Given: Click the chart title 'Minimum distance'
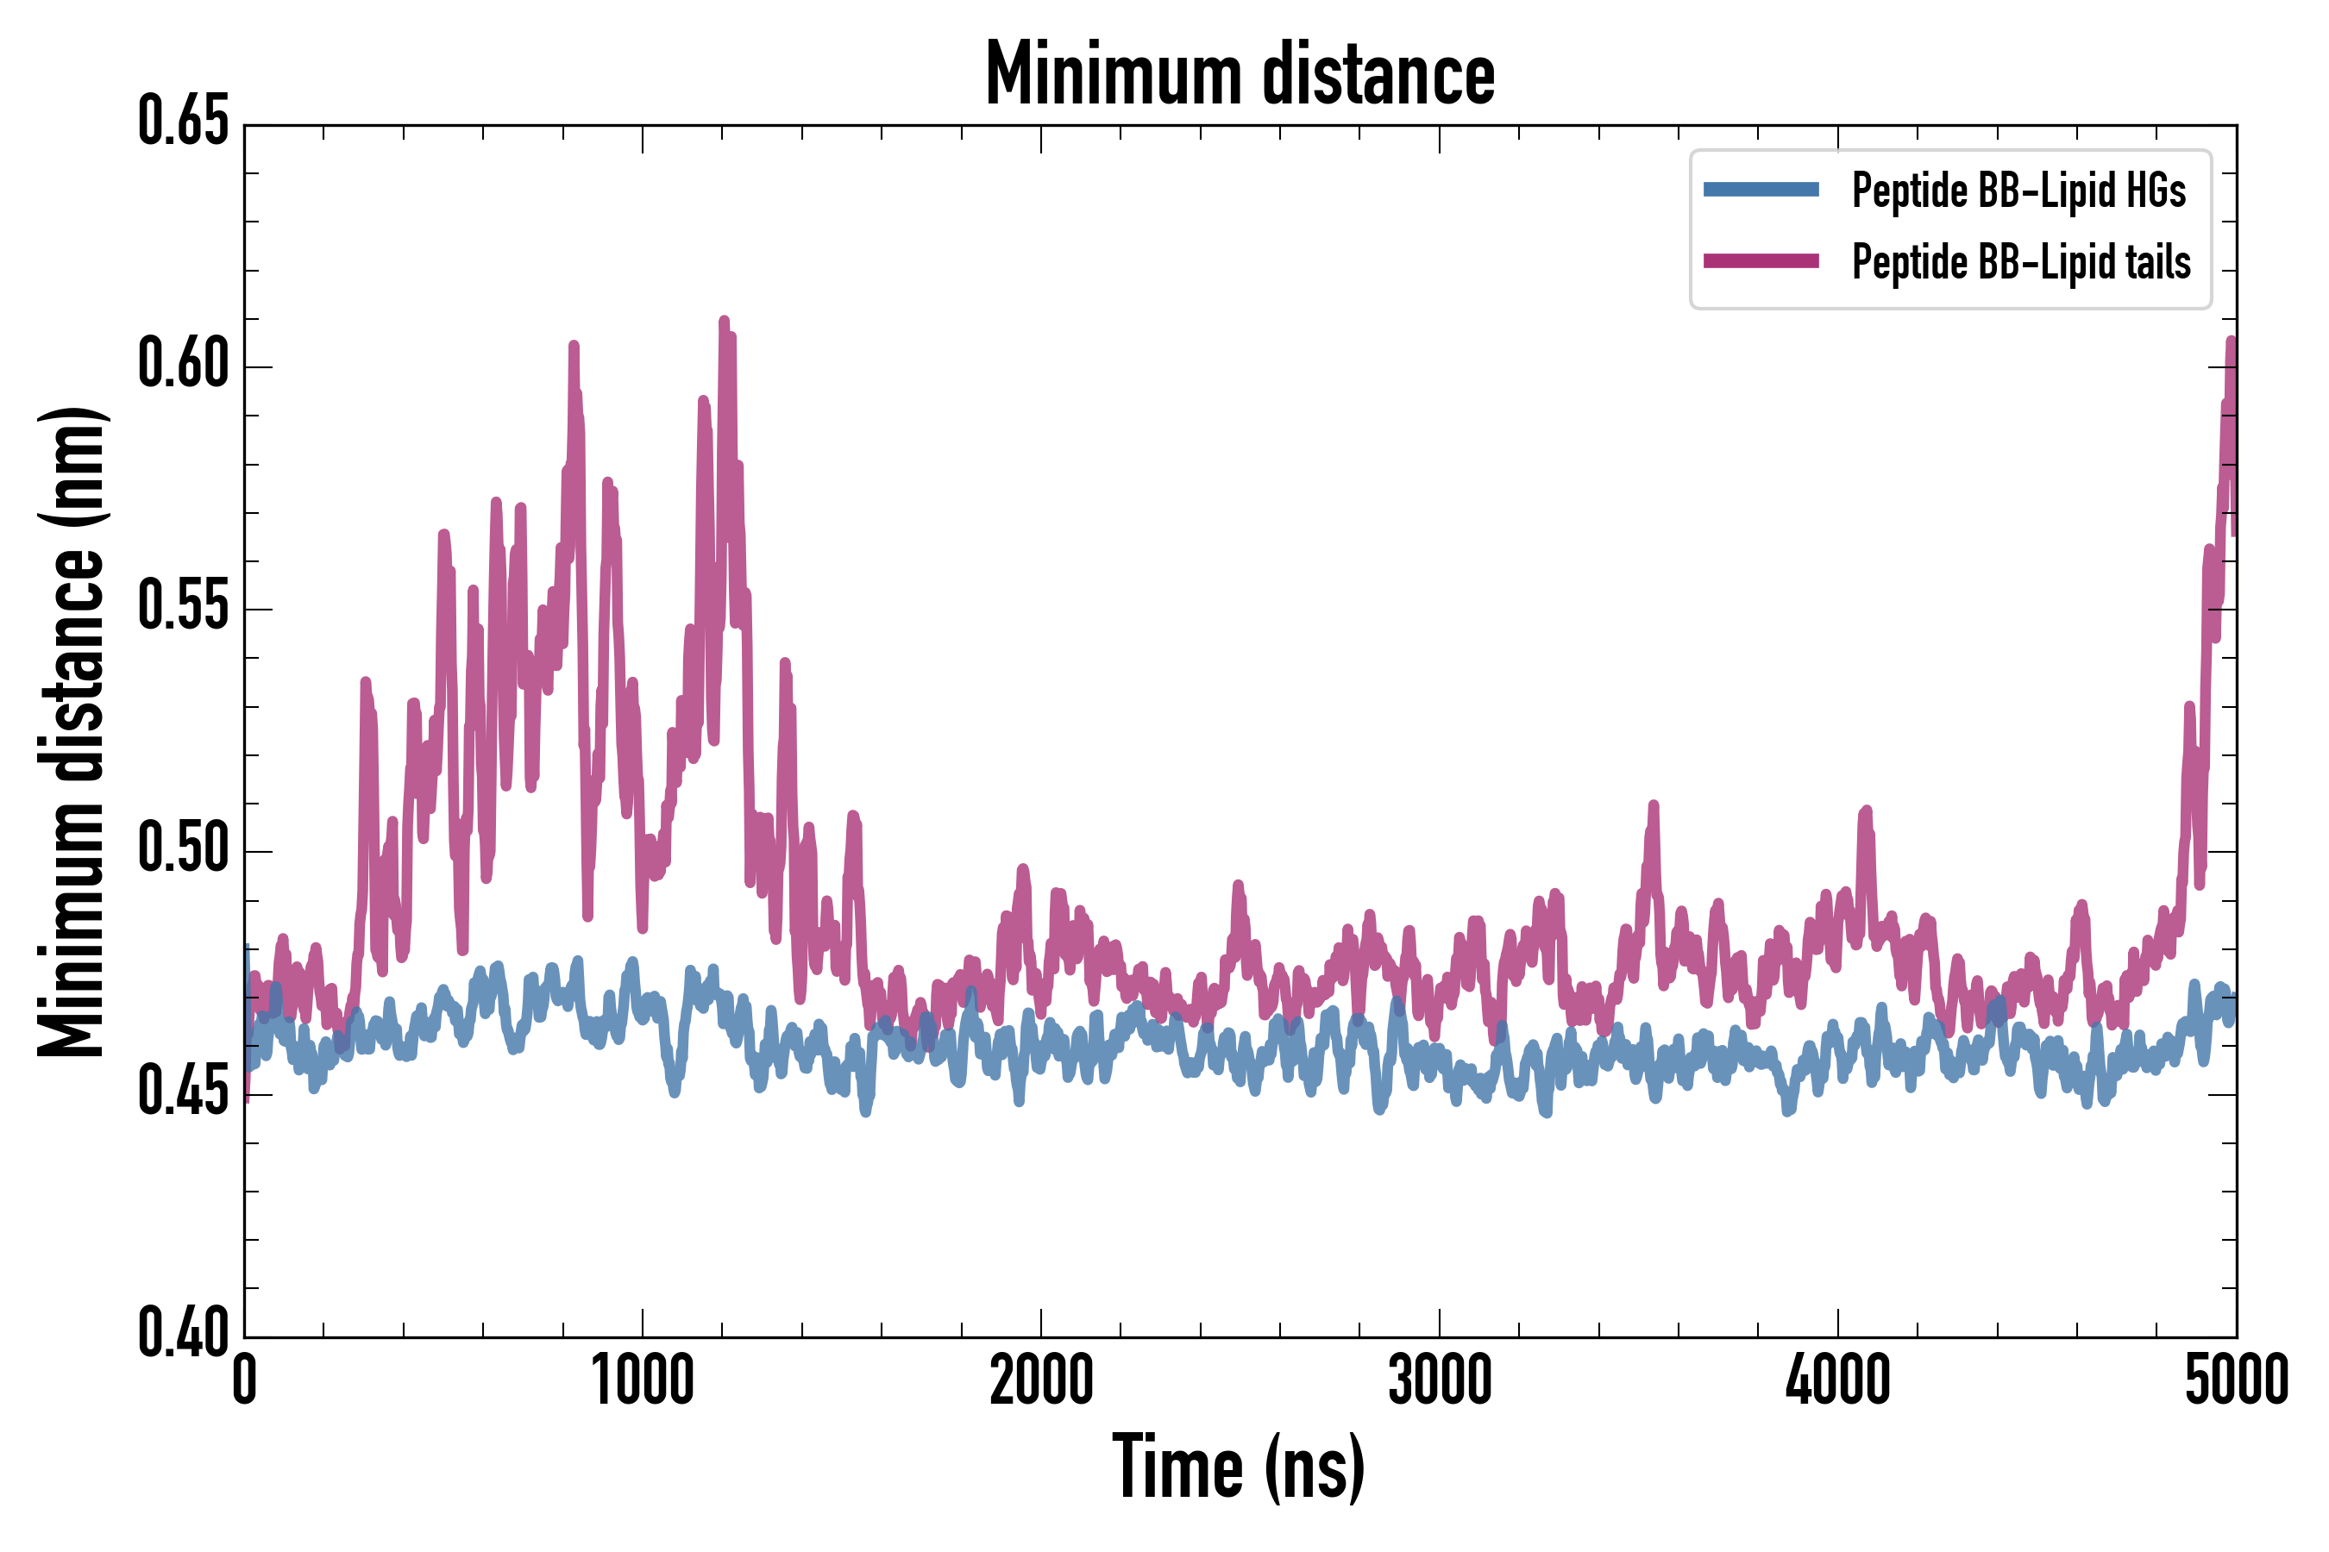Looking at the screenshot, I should click(x=1239, y=74).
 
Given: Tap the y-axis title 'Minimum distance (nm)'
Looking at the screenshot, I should click(x=72, y=731).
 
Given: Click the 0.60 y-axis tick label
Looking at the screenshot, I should click(x=183, y=364).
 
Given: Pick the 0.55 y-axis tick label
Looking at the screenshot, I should click(x=183, y=607).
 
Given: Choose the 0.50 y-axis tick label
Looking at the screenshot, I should click(x=183, y=849).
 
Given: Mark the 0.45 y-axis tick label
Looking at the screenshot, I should click(x=183, y=1092).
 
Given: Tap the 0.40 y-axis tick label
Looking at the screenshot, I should click(x=183, y=1334).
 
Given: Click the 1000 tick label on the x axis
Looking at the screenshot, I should click(x=643, y=1380).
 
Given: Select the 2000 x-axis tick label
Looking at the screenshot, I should click(x=1041, y=1380).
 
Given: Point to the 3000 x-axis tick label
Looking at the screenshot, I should click(x=1439, y=1380).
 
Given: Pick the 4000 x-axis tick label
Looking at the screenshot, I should click(x=1838, y=1380).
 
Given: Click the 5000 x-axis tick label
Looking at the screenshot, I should click(x=2236, y=1380).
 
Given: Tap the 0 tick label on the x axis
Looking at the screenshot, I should click(x=245, y=1380).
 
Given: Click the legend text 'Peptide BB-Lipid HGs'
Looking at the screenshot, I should click(x=2018, y=190).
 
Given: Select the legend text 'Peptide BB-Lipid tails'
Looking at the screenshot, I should click(x=2021, y=262).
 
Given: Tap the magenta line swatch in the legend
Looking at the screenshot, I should click(x=1761, y=261).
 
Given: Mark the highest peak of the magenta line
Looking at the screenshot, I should click(x=724, y=321).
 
